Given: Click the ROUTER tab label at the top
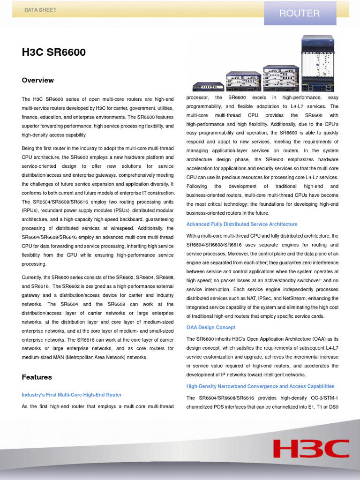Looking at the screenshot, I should point(300,13).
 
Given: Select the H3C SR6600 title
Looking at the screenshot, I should point(53,52).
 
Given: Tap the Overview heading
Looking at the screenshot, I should point(37,80).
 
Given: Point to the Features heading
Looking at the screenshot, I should point(37,377).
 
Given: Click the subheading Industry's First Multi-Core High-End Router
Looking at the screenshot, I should point(71,395).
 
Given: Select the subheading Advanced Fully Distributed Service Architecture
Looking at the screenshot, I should point(241,224).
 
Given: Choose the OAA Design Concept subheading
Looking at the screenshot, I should point(210,327).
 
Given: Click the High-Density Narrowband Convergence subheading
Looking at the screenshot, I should point(260,386).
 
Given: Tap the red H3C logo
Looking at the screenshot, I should point(311,449).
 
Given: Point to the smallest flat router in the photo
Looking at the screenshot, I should point(208,86).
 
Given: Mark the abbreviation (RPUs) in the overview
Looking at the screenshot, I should point(31,210).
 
